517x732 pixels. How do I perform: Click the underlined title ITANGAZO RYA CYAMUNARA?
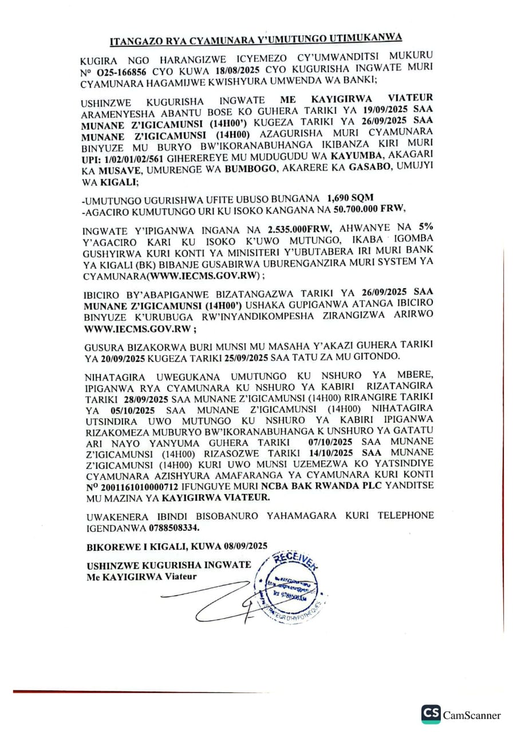click(x=256, y=39)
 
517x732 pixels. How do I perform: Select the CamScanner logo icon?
click(x=431, y=714)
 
